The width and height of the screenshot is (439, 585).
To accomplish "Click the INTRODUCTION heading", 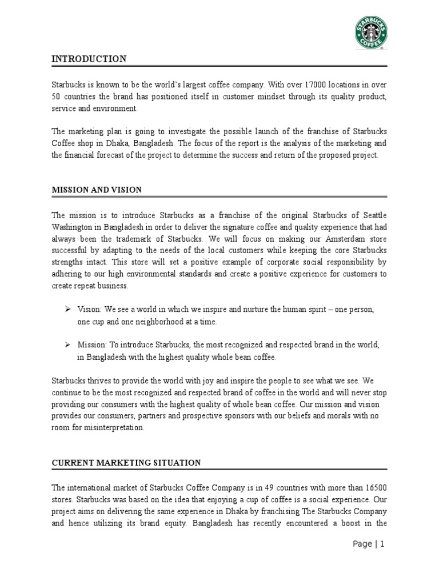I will coord(89,59).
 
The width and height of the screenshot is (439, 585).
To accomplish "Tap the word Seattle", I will coord(372,215).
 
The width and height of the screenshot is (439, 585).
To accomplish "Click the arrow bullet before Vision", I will coord(66,308).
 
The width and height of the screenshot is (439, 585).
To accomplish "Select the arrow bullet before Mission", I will coord(66,345).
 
